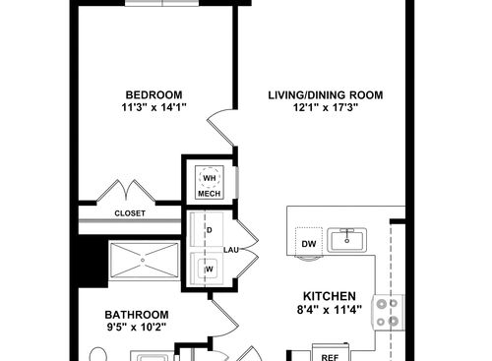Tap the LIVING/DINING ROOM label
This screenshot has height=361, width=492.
[326, 95]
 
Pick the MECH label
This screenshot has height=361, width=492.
[209, 194]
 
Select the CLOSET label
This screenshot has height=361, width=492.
[131, 211]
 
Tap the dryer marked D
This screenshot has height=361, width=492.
[209, 230]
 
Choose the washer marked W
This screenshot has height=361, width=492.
[209, 267]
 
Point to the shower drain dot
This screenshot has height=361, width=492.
[145, 262]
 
